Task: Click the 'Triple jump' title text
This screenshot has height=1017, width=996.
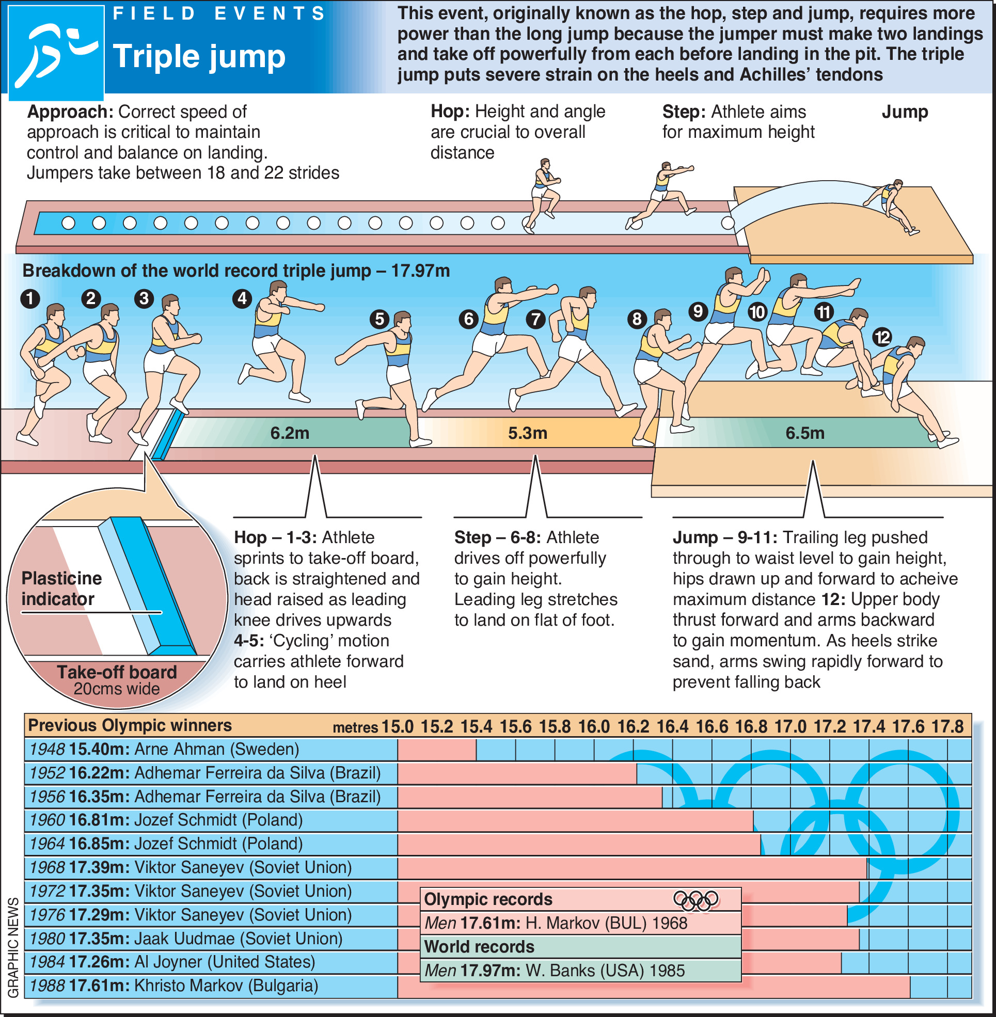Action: click(x=199, y=56)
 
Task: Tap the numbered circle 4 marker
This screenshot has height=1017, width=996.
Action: click(x=242, y=299)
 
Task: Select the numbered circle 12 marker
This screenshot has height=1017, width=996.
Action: click(x=882, y=337)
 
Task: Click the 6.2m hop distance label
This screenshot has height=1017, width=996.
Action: click(x=290, y=433)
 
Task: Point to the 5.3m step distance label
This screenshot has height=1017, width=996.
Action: click(x=528, y=433)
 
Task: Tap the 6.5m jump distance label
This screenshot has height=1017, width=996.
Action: click(x=805, y=433)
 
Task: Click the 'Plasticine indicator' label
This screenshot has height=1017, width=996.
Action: click(x=62, y=589)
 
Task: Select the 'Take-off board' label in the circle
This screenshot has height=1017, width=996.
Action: click(x=117, y=673)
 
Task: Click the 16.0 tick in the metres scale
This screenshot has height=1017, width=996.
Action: click(x=594, y=727)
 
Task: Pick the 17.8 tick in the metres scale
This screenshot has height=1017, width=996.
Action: click(x=947, y=727)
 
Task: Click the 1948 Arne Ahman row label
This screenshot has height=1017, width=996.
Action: click(x=164, y=749)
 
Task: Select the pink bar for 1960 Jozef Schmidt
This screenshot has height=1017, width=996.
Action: click(x=575, y=820)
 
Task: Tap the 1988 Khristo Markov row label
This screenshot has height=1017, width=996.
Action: click(x=173, y=986)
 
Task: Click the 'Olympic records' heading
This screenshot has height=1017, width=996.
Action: click(x=488, y=899)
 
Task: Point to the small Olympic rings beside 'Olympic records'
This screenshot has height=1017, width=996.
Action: click(x=695, y=900)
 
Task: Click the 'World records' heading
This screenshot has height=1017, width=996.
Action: click(x=479, y=947)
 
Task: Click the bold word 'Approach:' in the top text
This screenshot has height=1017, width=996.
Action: click(x=70, y=112)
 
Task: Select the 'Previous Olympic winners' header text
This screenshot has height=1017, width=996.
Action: click(x=130, y=726)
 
